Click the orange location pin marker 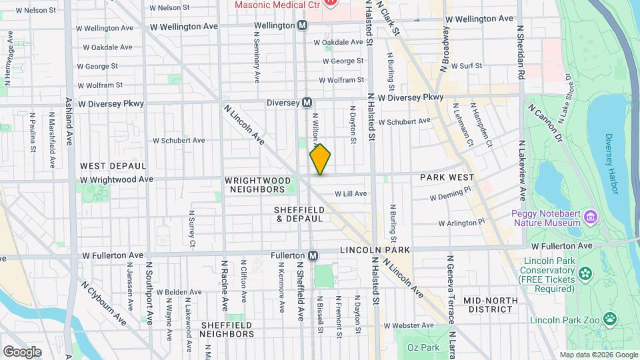click(320, 159)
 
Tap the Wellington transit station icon click(302, 25)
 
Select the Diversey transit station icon click(307, 103)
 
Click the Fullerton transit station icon click(313, 255)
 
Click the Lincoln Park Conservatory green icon click(585, 273)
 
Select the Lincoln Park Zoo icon click(609, 319)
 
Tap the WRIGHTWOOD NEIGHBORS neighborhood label click(258, 185)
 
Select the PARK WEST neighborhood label click(447, 177)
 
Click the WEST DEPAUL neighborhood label click(113, 165)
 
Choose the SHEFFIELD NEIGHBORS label click(227, 329)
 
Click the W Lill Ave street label click(350, 194)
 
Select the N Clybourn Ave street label click(104, 303)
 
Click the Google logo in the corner click(22, 352)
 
